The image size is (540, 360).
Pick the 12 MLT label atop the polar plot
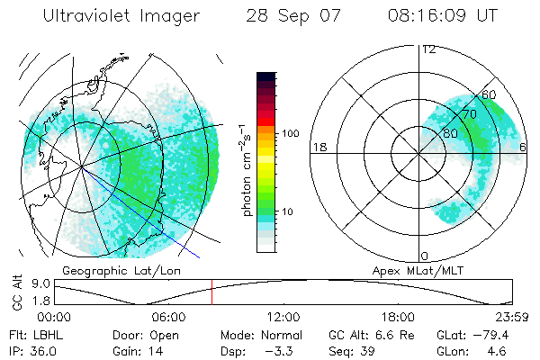428,49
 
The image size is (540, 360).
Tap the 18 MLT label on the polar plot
318,147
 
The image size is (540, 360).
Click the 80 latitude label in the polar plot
450,132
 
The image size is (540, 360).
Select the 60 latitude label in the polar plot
489,94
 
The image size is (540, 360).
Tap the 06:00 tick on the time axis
168,317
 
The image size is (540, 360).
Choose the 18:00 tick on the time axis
397,317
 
